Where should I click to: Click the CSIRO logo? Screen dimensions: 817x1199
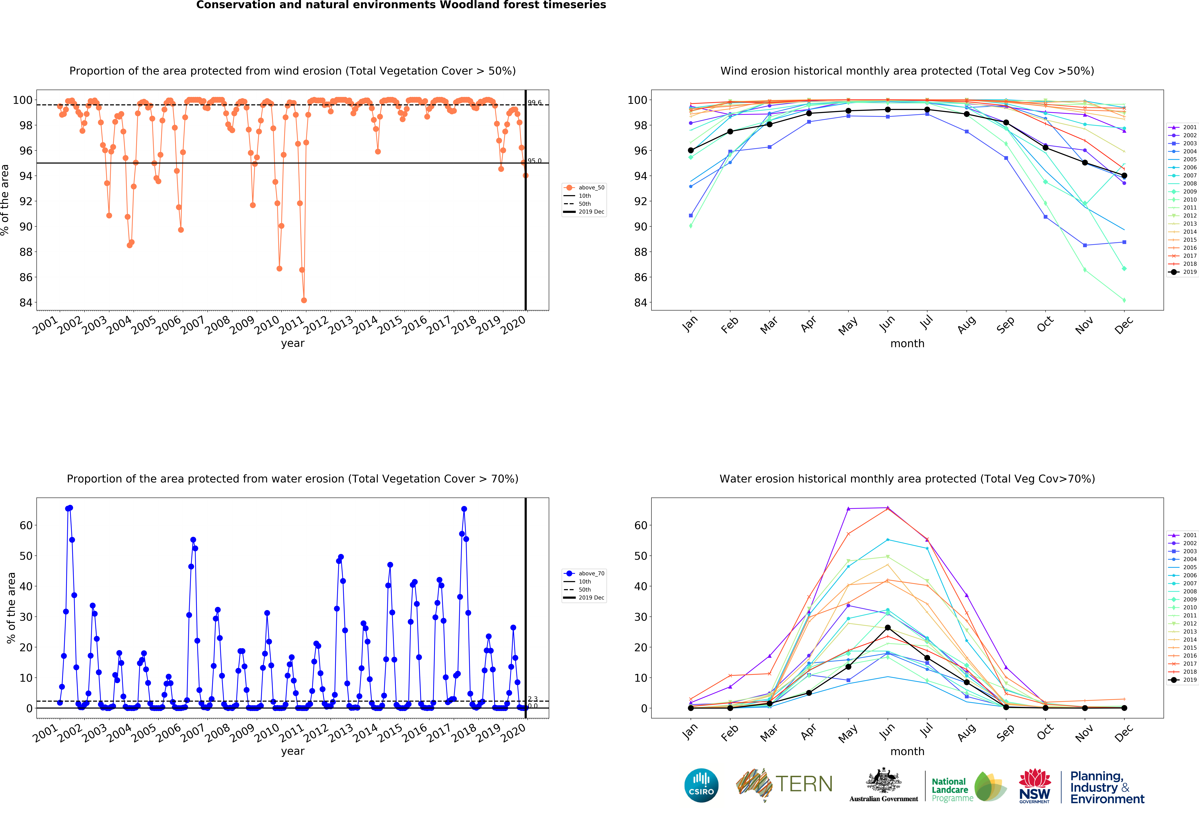click(x=701, y=786)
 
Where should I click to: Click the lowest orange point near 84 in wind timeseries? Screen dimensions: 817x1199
click(x=304, y=300)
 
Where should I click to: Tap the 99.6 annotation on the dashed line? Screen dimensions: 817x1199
click(x=534, y=103)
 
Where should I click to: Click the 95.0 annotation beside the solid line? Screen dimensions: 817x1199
click(x=534, y=161)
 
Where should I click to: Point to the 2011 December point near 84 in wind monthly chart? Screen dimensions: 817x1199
click(x=1124, y=300)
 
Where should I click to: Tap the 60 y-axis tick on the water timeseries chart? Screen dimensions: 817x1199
click(x=26, y=526)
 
